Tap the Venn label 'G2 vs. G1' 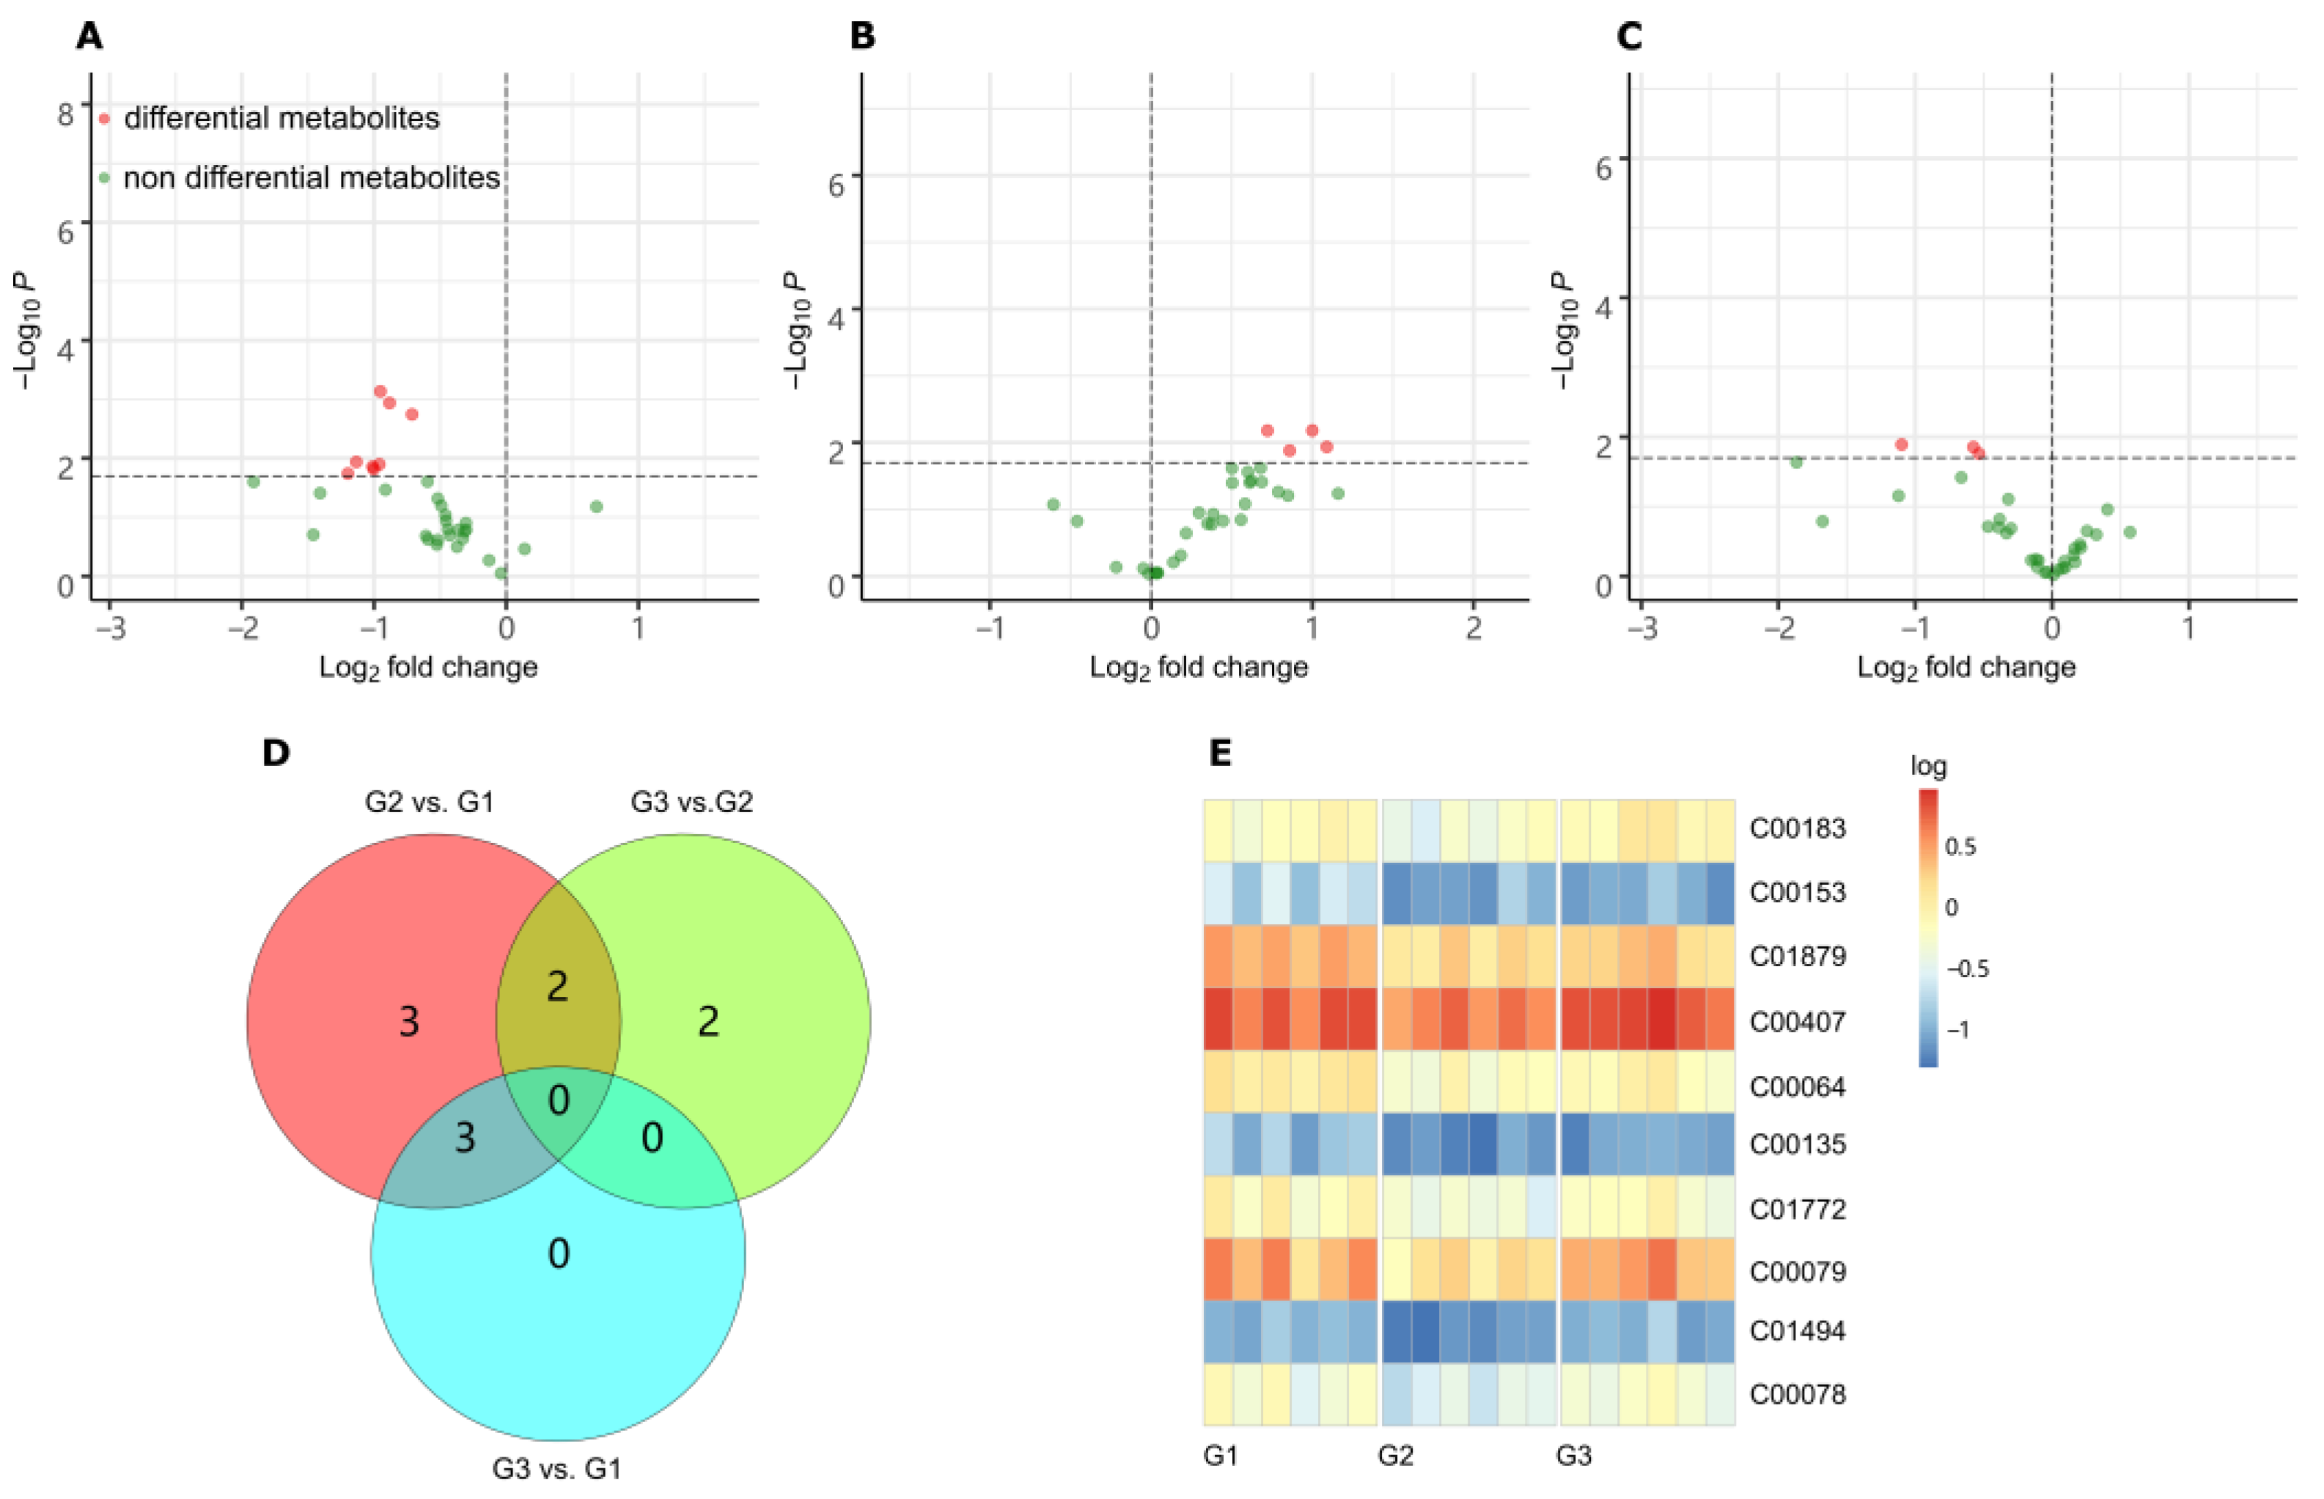click(x=430, y=802)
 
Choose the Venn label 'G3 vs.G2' click(x=691, y=802)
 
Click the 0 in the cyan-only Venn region click(x=558, y=1253)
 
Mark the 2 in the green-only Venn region click(x=707, y=1021)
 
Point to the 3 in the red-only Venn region click(x=409, y=1021)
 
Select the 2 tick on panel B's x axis click(x=1473, y=628)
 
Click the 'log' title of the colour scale click(x=1927, y=766)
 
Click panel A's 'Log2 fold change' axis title click(x=428, y=668)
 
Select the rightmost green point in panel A click(x=597, y=507)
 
